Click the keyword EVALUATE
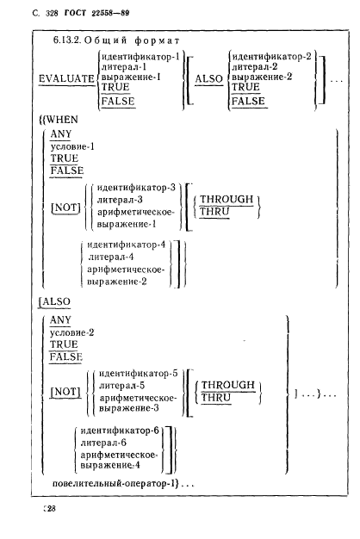(x=66, y=78)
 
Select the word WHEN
(x=62, y=120)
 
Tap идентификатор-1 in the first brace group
(x=140, y=56)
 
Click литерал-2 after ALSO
(x=254, y=66)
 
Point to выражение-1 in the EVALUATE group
(x=131, y=77)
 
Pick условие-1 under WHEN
(x=72, y=146)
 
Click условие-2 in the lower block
(x=71, y=332)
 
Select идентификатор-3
(x=136, y=188)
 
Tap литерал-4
(x=111, y=257)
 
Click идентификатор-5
(x=138, y=374)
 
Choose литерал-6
(x=103, y=443)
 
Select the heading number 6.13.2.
(x=66, y=40)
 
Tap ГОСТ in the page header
(x=75, y=13)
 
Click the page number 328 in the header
(x=52, y=14)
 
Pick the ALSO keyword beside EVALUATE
(x=209, y=78)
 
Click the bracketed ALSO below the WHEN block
(x=56, y=301)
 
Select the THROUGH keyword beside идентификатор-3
(x=227, y=200)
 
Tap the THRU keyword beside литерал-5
(x=215, y=398)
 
